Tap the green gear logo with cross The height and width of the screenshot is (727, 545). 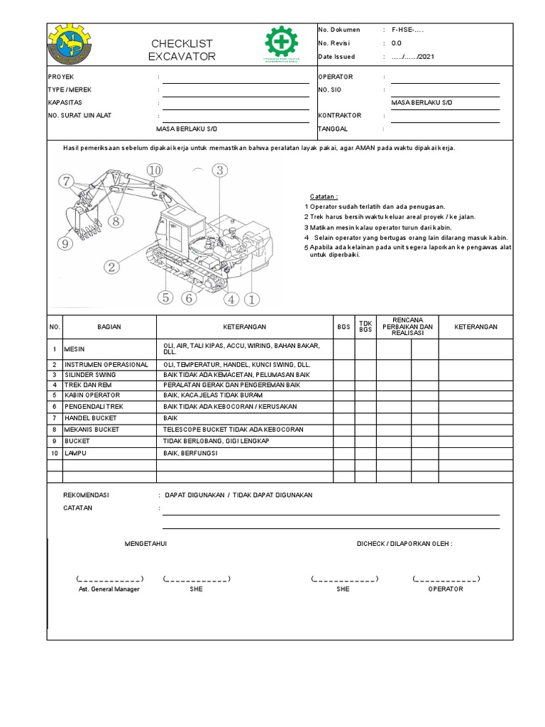click(x=282, y=44)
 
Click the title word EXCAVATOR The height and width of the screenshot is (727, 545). click(x=182, y=56)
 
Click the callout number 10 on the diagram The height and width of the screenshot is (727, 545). click(x=155, y=169)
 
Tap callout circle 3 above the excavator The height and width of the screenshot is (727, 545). click(x=219, y=170)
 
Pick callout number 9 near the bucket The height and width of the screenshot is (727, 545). click(x=67, y=244)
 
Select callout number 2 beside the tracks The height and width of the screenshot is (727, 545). click(x=111, y=267)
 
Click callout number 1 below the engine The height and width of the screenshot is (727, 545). click(x=251, y=300)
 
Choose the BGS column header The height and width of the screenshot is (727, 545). click(x=343, y=327)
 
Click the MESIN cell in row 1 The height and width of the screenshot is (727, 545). click(x=75, y=349)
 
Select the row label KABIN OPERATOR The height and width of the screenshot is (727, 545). click(x=92, y=395)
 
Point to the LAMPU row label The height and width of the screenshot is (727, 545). click(x=76, y=452)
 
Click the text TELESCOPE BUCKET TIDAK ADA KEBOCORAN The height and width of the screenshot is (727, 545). click(x=233, y=430)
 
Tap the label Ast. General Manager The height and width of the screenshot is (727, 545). click(x=109, y=589)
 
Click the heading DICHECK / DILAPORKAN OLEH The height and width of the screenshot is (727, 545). click(x=404, y=544)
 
